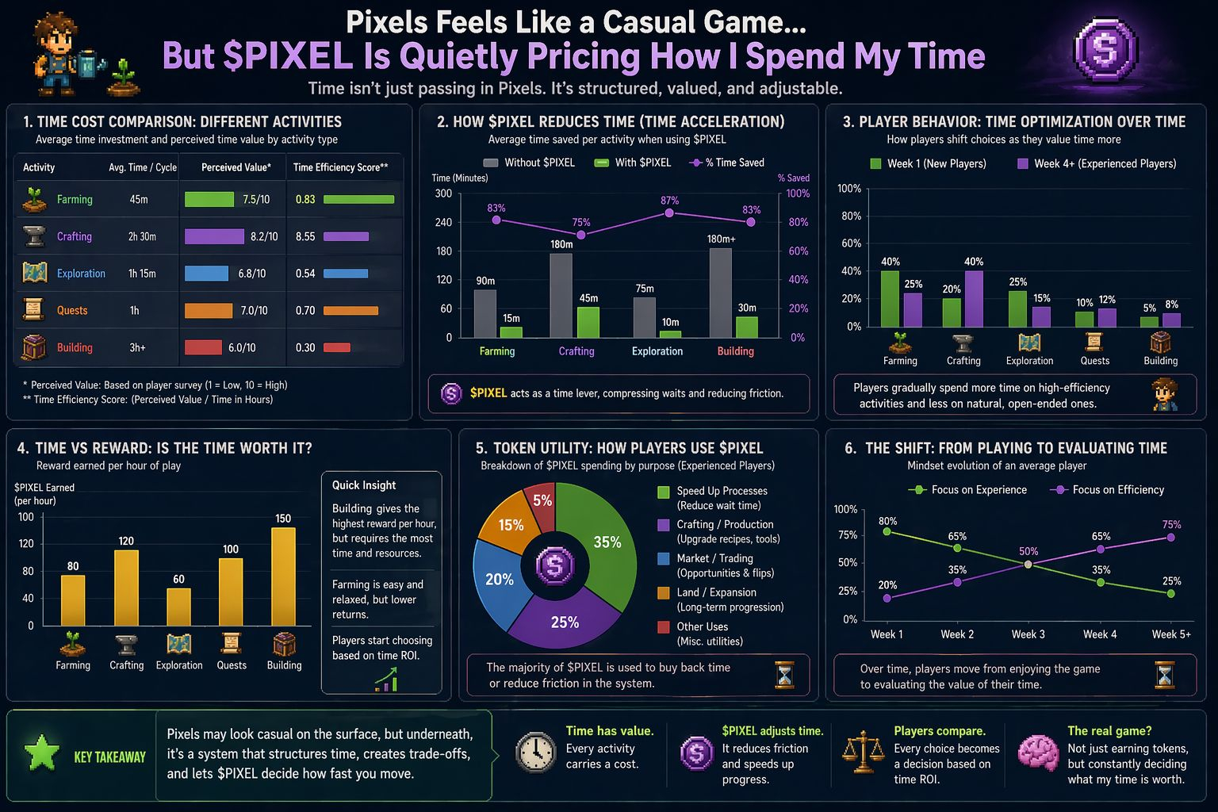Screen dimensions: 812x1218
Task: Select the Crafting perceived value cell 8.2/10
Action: (231, 236)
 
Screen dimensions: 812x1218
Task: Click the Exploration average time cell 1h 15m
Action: (142, 274)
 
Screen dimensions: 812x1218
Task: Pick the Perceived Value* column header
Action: (236, 167)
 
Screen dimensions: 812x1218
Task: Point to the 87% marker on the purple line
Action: (669, 213)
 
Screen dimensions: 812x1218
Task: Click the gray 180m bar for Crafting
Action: (561, 295)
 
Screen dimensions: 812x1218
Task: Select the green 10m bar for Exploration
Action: (670, 334)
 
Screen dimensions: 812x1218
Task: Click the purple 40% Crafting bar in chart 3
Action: (974, 299)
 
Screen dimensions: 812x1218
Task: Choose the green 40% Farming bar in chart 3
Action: (890, 299)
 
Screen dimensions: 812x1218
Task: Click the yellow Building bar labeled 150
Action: (283, 577)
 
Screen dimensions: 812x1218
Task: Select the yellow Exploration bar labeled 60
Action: (178, 607)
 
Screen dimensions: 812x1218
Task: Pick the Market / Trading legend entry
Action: (714, 558)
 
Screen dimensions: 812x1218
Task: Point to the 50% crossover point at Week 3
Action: (1028, 565)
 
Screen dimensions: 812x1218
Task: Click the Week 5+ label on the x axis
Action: (1170, 634)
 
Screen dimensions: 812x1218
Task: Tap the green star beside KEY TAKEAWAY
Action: (42, 753)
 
